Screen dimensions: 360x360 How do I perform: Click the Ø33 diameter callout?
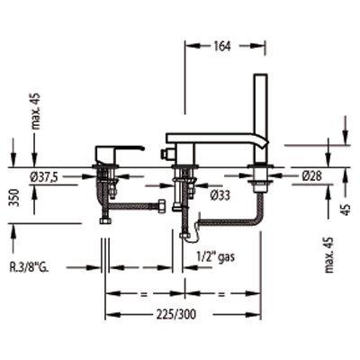[218, 193]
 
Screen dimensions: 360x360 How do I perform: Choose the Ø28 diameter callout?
[312, 177]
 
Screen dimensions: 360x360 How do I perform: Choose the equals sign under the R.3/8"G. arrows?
[142, 292]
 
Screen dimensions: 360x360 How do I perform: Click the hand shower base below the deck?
[261, 184]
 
